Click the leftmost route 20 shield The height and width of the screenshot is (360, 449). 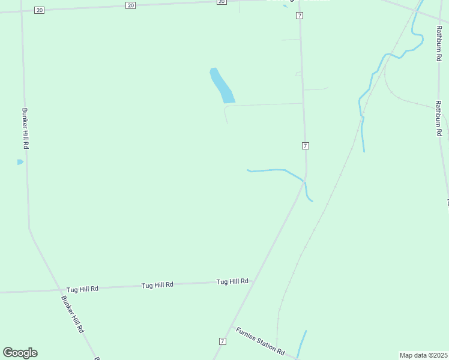40,10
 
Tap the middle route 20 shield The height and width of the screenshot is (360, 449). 131,5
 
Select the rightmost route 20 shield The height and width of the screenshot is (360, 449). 221,2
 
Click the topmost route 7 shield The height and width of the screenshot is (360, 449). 300,16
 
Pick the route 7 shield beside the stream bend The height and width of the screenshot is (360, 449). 306,146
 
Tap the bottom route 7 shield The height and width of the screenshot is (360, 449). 222,341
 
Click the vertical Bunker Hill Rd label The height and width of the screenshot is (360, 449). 25,128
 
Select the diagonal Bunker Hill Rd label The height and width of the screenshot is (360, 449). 73,314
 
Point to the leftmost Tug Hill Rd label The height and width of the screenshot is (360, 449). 82,289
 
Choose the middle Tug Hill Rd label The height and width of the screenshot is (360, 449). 157,285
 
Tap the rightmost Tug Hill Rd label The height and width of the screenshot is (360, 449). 232,281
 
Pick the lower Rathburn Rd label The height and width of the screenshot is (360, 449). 439,119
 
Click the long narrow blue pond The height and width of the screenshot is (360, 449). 221,85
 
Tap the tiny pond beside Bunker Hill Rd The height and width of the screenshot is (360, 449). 20,162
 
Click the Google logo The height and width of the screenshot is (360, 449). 20,353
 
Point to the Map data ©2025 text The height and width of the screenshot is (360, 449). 424,355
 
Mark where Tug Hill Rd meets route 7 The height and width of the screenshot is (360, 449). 250,281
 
